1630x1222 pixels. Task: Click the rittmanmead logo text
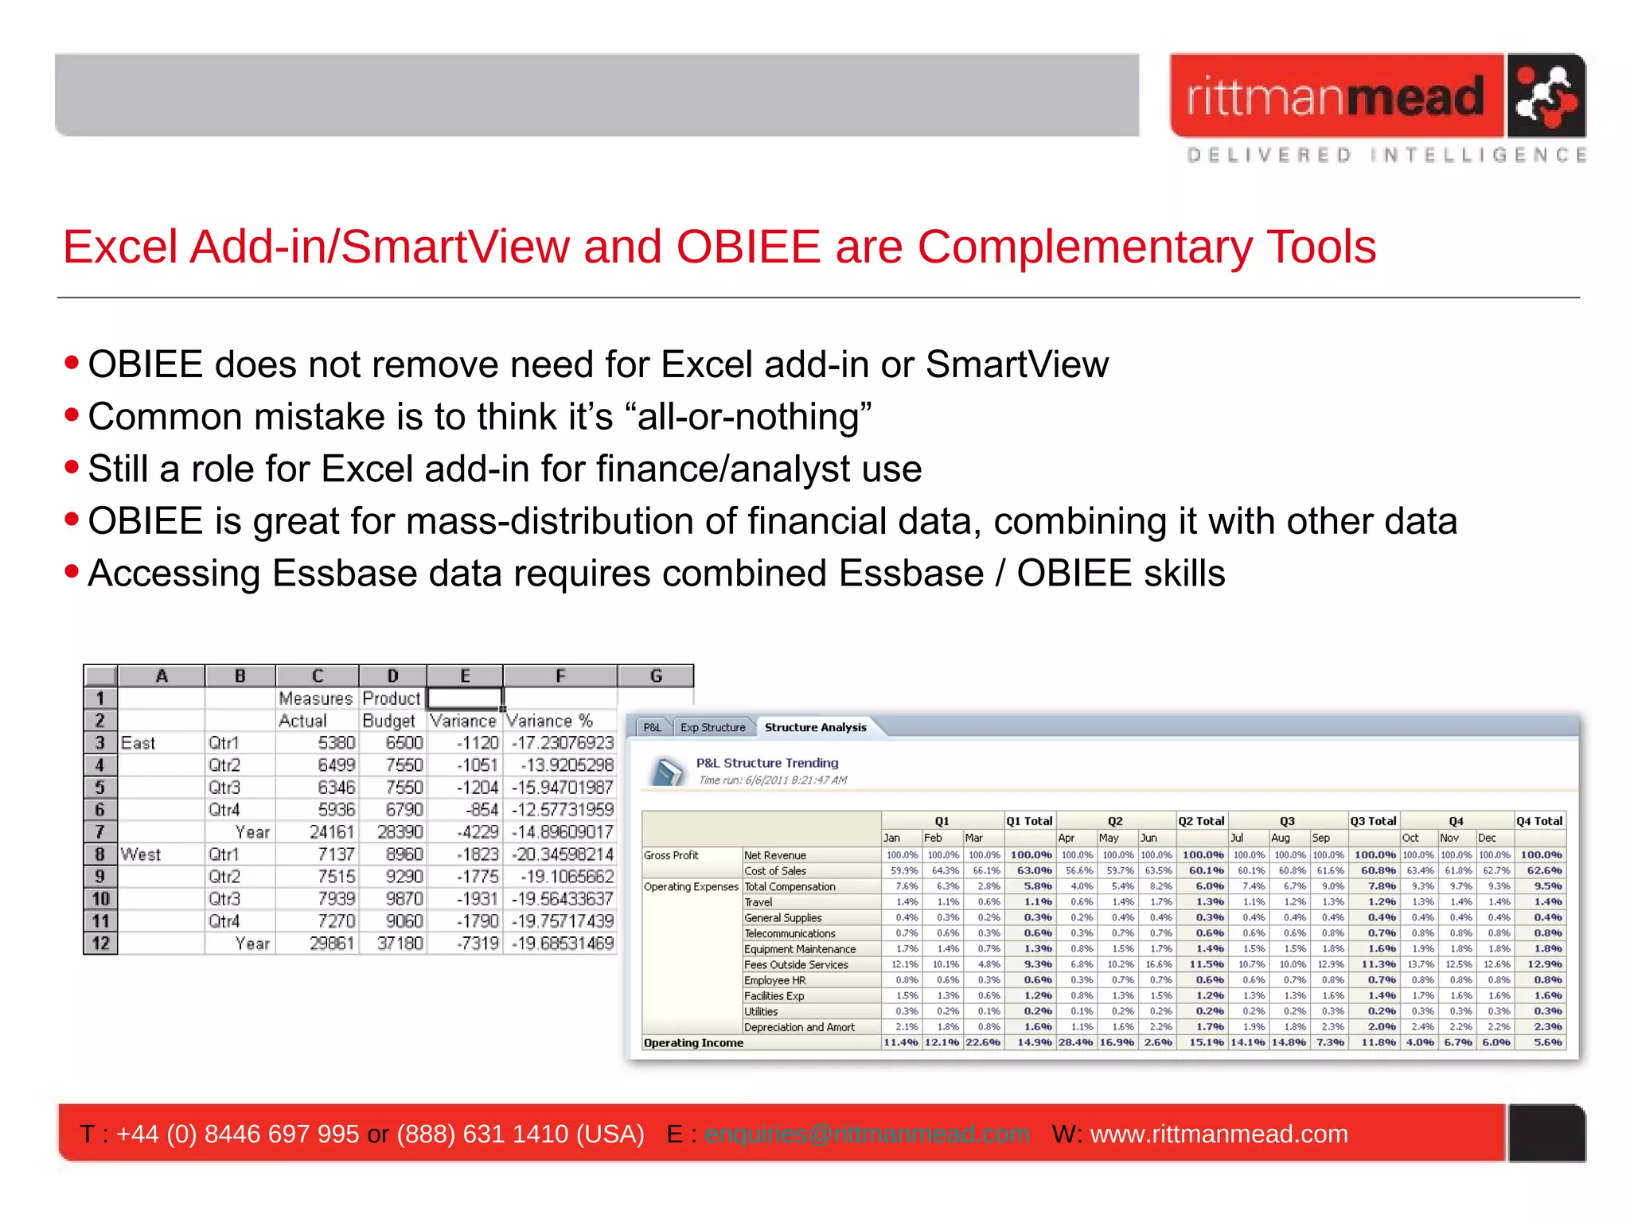coord(1336,97)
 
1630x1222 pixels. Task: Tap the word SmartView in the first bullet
coord(1016,364)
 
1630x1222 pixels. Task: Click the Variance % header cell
coord(549,721)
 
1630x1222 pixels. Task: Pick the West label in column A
coord(141,854)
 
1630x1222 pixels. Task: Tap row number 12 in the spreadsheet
coord(100,944)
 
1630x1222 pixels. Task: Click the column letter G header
coord(656,676)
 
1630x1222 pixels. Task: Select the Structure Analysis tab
coord(815,727)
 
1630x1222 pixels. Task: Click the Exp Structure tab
coord(712,727)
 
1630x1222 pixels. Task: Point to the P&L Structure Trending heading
coord(767,763)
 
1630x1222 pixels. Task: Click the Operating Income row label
coord(693,1043)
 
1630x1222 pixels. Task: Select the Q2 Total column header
coord(1201,821)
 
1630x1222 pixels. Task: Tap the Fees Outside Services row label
coord(796,965)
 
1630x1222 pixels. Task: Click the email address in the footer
coord(867,1134)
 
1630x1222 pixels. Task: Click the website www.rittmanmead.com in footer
coord(1219,1134)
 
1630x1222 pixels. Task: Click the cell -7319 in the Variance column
coord(478,944)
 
